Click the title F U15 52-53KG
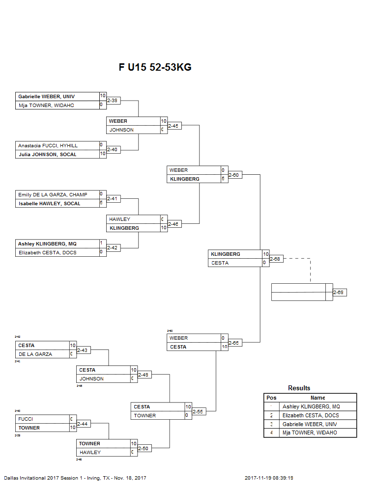pos(155,67)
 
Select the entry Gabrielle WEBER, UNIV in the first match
pos(46,96)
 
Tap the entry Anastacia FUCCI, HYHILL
pos(48,145)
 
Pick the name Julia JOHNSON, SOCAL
pos(47,154)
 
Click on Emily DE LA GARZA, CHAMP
pos(52,194)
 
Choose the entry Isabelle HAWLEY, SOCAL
pos(49,203)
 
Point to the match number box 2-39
pos(114,101)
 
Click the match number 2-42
pos(114,248)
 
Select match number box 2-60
pos(235,175)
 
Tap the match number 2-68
pos(276,259)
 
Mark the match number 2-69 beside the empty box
pos(340,293)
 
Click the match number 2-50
pos(144,448)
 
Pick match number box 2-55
pos(199,411)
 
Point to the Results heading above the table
pos(299,388)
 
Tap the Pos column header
pos(271,398)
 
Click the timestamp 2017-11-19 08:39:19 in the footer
pos(272,478)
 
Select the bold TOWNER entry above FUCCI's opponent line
pos(29,428)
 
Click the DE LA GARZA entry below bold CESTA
pos(35,354)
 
